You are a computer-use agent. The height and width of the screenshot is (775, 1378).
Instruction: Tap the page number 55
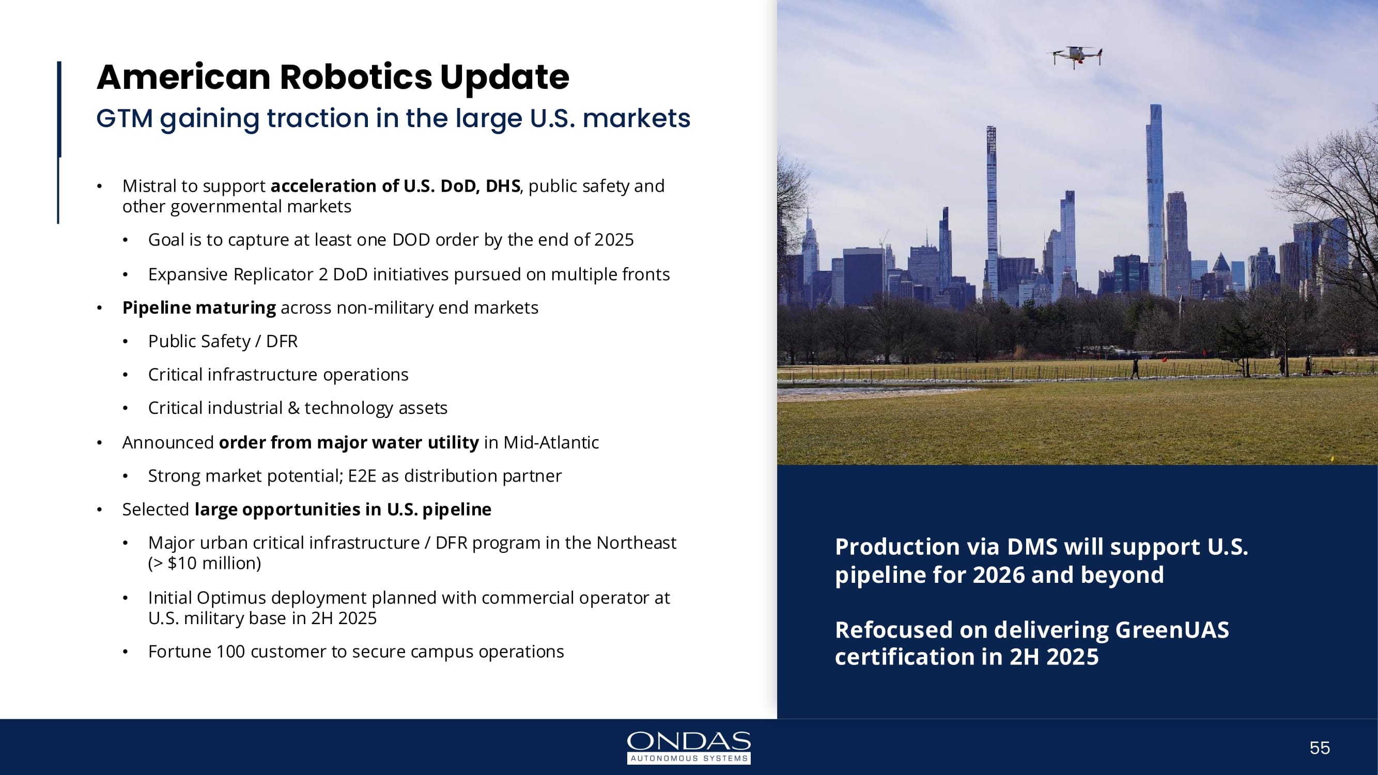coord(1320,748)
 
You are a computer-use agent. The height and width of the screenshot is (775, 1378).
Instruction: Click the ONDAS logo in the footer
coord(689,747)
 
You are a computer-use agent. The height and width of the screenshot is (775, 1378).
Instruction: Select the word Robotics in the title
coord(355,77)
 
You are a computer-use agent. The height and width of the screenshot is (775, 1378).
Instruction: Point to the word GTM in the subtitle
coord(125,118)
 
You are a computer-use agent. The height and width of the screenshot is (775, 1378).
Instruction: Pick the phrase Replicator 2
coord(281,274)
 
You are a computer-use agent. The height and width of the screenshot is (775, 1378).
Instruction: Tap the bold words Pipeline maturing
coord(199,308)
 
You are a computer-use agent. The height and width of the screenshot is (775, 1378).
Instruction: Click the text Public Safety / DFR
coord(223,341)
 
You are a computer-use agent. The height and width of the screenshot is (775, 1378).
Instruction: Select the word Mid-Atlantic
coord(551,442)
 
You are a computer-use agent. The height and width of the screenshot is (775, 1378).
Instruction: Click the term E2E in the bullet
coord(362,476)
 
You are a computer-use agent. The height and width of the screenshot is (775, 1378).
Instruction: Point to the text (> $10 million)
coord(204,563)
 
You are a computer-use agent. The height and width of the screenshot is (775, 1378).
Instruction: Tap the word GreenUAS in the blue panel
coord(1172,630)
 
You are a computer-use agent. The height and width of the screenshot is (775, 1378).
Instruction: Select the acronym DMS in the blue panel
coord(1032,547)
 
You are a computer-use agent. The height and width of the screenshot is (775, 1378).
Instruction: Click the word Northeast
coord(637,543)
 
